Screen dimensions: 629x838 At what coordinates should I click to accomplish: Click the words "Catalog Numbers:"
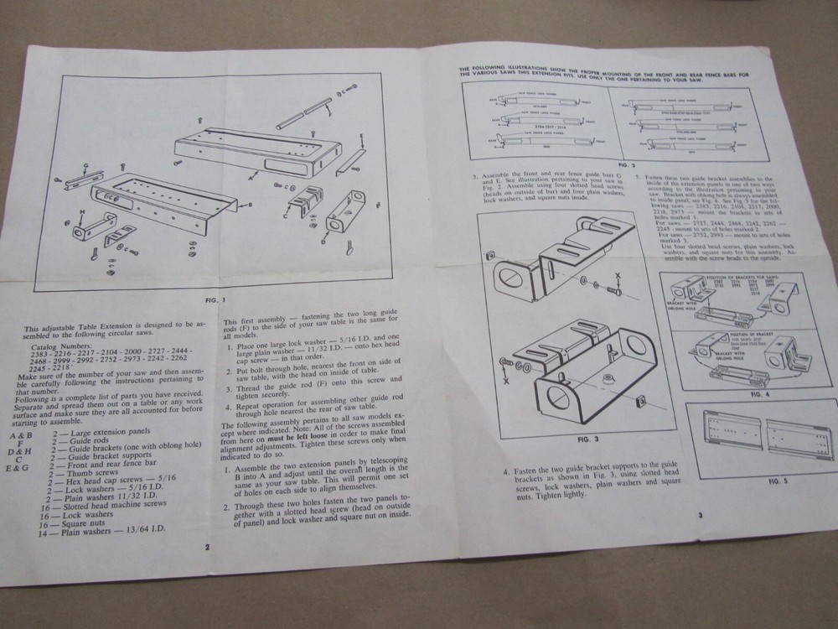pos(60,346)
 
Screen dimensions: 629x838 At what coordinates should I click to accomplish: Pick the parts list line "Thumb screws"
pos(86,473)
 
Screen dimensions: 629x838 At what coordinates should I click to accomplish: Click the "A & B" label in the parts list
pos(21,437)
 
